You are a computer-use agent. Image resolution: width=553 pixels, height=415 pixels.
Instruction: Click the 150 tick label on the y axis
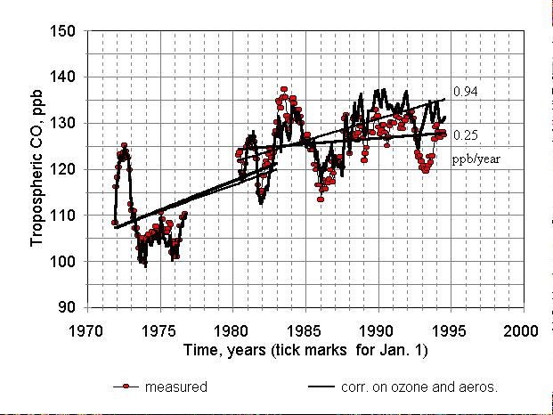click(62, 31)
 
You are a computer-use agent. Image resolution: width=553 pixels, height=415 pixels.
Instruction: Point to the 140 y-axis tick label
click(62, 77)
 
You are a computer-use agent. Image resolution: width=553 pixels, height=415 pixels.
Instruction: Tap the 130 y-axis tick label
click(62, 123)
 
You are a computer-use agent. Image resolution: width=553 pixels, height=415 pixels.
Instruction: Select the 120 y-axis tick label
click(62, 169)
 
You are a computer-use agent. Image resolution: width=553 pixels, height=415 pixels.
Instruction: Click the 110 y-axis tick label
click(62, 216)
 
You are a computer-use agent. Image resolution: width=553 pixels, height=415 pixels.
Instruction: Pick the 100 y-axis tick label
click(62, 262)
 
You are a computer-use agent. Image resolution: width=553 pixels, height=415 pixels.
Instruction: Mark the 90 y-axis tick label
click(66, 307)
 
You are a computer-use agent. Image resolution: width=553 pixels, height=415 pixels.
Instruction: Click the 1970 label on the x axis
click(85, 331)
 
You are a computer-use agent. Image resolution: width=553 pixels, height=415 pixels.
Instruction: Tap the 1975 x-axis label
click(159, 331)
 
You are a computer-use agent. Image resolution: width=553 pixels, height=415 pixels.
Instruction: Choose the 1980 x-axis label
click(231, 331)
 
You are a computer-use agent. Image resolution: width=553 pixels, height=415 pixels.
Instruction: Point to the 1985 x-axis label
click(304, 331)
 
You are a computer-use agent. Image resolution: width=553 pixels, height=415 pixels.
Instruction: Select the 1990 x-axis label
click(376, 331)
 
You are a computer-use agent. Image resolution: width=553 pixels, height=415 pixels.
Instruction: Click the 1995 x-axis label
click(449, 331)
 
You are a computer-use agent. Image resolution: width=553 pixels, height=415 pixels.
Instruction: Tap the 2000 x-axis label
click(521, 331)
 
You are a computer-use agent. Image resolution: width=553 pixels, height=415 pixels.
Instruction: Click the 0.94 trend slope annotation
click(465, 92)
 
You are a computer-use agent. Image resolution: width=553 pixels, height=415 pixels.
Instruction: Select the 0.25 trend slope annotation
click(465, 135)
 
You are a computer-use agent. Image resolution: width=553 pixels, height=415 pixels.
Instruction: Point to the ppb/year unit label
click(476, 159)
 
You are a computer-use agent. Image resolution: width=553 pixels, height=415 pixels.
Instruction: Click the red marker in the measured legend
click(126, 387)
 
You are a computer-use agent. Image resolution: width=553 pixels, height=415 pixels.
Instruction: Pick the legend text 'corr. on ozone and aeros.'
click(419, 387)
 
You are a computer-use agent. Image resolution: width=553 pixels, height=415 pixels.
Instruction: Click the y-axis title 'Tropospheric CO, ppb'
click(37, 167)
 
